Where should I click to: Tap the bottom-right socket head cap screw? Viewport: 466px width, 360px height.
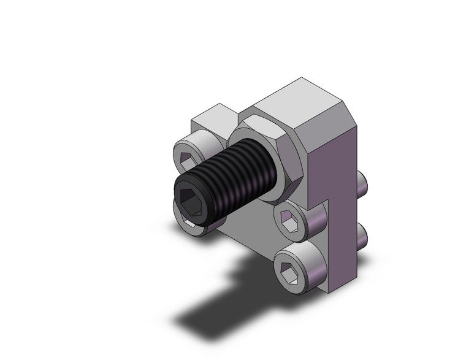coord(296,264)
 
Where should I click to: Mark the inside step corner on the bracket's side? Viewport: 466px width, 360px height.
coord(329,199)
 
